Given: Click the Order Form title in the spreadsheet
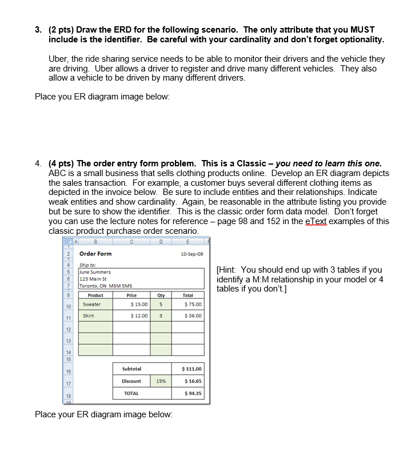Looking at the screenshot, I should (x=95, y=254).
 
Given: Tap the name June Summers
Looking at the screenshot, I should (x=95, y=272).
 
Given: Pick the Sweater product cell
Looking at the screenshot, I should (x=92, y=305).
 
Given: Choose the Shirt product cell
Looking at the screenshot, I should (x=89, y=316).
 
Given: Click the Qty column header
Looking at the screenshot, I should (x=161, y=296).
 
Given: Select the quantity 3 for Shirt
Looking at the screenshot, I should (x=161, y=316).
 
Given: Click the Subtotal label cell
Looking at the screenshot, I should (x=131, y=369).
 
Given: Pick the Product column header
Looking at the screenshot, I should (x=95, y=296).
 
